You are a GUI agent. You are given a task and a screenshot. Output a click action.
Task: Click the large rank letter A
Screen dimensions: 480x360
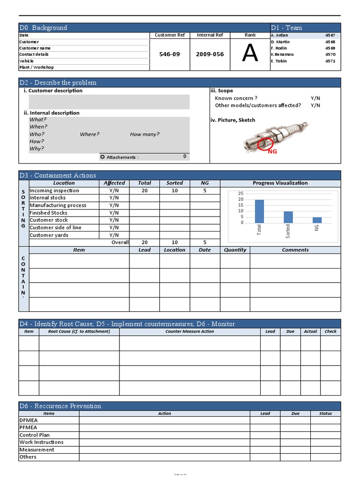coord(250,54)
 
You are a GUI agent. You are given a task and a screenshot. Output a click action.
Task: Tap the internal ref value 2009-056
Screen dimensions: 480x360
coord(210,54)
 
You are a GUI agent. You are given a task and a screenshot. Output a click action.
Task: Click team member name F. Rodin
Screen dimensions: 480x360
coord(279,48)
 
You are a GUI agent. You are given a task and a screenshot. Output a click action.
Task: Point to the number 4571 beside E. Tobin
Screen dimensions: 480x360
coord(330,61)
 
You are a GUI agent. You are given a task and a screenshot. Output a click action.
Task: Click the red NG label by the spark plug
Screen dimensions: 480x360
coord(272,152)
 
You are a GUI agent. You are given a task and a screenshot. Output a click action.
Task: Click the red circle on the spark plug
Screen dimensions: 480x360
coord(265,145)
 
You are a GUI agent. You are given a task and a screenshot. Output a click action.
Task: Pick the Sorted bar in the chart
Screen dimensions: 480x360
coord(288,217)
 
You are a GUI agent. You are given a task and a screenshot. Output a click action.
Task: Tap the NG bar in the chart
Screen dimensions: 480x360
coord(317,220)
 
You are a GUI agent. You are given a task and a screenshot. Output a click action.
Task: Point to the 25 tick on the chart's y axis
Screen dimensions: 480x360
coord(240,194)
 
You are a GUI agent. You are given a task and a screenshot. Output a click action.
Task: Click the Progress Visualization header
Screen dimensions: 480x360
coord(280,183)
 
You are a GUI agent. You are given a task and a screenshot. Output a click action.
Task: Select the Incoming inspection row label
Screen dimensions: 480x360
coord(54,191)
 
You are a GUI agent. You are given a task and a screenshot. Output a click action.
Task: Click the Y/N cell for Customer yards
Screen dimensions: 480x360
coord(114,235)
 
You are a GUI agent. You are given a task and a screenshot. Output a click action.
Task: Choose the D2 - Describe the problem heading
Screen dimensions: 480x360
coord(58,82)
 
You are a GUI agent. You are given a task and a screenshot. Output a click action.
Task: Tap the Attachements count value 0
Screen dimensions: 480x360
coord(185,157)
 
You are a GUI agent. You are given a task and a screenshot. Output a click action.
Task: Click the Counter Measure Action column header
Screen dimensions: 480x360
coord(189,331)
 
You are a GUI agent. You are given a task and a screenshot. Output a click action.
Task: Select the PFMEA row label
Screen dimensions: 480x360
coord(28,427)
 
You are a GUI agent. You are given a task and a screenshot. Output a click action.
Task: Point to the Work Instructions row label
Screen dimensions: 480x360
coord(41,442)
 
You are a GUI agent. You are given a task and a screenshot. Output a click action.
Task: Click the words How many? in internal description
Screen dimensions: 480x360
coord(144,135)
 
